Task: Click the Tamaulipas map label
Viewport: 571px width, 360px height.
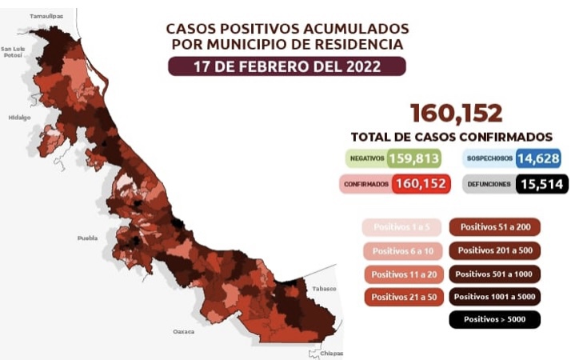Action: [x=46, y=16]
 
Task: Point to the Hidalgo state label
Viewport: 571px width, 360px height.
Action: [x=19, y=117]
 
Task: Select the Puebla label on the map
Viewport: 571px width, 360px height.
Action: [x=87, y=238]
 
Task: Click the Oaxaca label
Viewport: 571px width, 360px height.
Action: [x=184, y=330]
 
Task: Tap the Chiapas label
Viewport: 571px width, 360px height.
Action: [x=332, y=353]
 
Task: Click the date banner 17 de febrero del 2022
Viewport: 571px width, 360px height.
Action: [x=287, y=66]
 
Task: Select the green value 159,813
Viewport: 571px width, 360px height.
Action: [x=413, y=158]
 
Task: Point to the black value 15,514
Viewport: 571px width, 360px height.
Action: [x=541, y=184]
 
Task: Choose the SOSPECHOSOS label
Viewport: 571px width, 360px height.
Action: [x=489, y=159]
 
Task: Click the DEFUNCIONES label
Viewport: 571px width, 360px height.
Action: [x=489, y=185]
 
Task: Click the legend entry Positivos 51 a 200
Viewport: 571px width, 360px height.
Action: [x=495, y=227]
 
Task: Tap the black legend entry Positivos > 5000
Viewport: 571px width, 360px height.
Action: [x=495, y=320]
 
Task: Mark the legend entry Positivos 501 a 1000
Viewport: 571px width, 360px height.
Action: [x=495, y=274]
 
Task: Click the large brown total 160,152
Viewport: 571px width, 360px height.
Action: [x=456, y=113]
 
